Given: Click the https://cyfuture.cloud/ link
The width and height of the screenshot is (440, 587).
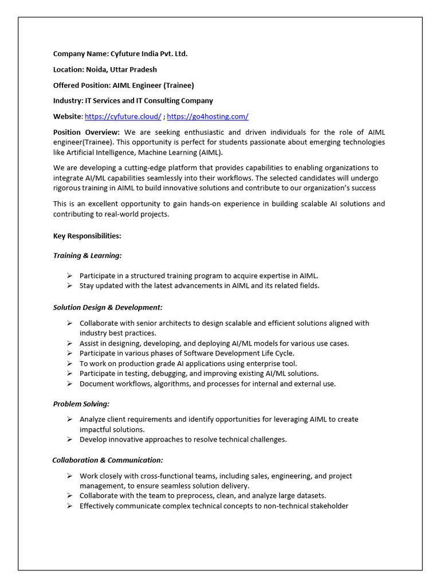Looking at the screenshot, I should (123, 116).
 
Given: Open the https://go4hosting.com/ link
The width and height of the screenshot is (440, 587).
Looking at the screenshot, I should (207, 116).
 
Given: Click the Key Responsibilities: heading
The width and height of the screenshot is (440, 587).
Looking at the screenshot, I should (87, 236).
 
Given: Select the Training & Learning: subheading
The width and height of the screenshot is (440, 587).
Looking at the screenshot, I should (87, 256).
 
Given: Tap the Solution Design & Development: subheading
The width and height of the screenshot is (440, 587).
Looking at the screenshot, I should (108, 308).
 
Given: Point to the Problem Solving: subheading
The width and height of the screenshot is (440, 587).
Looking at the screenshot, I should (81, 404).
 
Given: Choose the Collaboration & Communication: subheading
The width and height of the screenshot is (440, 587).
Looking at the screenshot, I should (108, 460).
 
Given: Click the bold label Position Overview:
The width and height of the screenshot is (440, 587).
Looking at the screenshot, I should (87, 132).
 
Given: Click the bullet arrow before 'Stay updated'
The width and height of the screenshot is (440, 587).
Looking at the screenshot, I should (69, 285).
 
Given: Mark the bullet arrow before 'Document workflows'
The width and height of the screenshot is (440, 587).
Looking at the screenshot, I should (69, 384).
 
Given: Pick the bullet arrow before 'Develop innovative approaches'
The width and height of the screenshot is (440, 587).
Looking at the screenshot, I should (69, 440).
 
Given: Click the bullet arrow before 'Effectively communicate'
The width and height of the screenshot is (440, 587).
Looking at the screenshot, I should (69, 506).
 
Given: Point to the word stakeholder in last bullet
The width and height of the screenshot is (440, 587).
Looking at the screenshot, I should (329, 506).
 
